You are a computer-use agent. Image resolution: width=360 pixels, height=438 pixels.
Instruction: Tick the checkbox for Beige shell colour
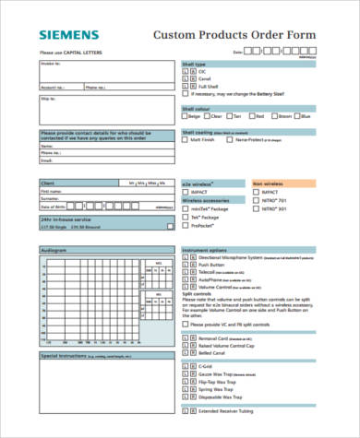click(x=185, y=117)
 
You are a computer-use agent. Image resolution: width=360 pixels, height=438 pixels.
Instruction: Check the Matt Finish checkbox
click(x=185, y=140)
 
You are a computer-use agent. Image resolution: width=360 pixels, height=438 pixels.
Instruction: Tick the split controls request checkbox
click(x=185, y=325)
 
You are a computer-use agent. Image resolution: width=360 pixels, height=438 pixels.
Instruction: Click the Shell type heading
click(x=195, y=65)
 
